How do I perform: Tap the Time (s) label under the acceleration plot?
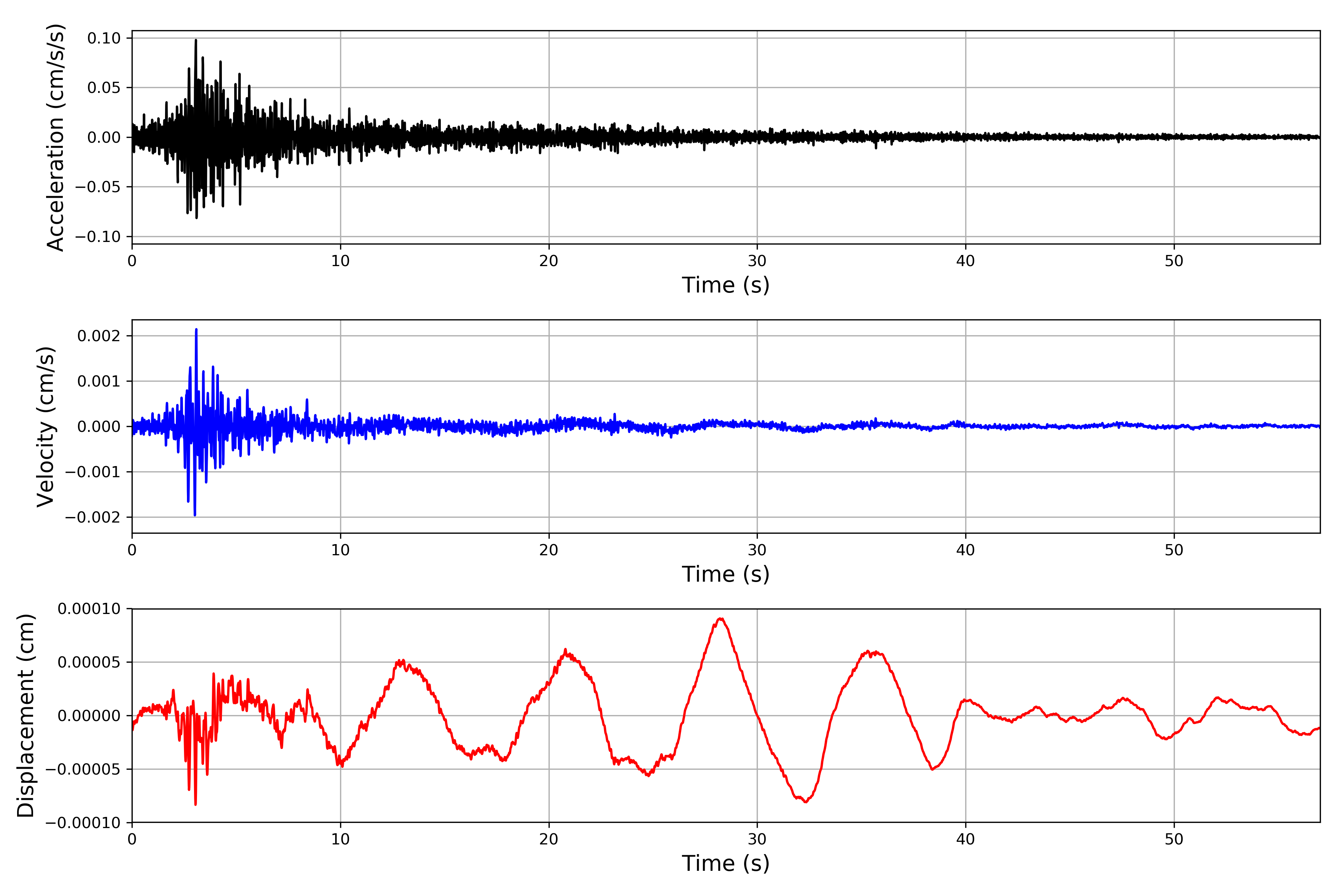click(725, 285)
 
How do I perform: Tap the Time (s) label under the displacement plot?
click(725, 863)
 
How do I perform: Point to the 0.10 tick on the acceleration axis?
click(104, 38)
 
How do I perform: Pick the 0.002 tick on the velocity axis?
click(99, 336)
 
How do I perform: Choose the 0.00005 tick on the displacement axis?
click(89, 662)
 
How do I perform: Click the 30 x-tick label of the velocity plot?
click(757, 550)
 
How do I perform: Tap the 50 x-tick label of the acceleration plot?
click(1174, 261)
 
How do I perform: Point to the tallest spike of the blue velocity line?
click(196, 329)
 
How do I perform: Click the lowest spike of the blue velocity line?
click(194, 515)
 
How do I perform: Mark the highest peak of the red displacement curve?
click(721, 618)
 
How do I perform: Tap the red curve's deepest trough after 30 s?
click(805, 802)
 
